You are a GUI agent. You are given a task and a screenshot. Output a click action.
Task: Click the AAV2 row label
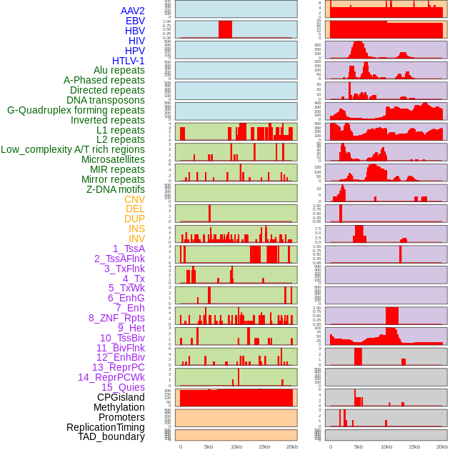tap(132, 11)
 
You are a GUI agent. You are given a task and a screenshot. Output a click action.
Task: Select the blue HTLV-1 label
tap(128, 61)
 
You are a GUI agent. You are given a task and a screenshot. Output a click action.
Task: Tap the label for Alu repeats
tap(119, 71)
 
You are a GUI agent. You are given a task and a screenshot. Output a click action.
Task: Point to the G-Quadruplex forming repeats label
tap(76, 110)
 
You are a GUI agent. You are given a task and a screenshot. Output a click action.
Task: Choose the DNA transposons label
tap(105, 100)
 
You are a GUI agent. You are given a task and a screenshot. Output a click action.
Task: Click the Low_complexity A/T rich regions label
tap(73, 149)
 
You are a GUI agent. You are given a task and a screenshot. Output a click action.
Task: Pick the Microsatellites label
tap(113, 159)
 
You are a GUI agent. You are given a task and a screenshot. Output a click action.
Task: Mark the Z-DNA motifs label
tap(115, 189)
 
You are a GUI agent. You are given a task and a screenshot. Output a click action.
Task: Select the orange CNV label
tap(134, 199)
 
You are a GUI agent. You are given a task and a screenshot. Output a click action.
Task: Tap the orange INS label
tap(136, 229)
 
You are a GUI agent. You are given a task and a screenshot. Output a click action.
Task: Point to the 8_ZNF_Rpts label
tap(116, 318)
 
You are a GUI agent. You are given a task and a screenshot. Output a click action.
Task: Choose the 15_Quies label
tap(123, 387)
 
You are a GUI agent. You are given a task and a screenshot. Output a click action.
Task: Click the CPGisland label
tap(121, 397)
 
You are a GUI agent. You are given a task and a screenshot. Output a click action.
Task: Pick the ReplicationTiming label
tap(105, 427)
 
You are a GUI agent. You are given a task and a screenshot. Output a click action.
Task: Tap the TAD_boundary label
tap(111, 436)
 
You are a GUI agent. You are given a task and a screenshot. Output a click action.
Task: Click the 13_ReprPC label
tap(118, 367)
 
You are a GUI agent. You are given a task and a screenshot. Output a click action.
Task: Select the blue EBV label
tap(135, 21)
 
